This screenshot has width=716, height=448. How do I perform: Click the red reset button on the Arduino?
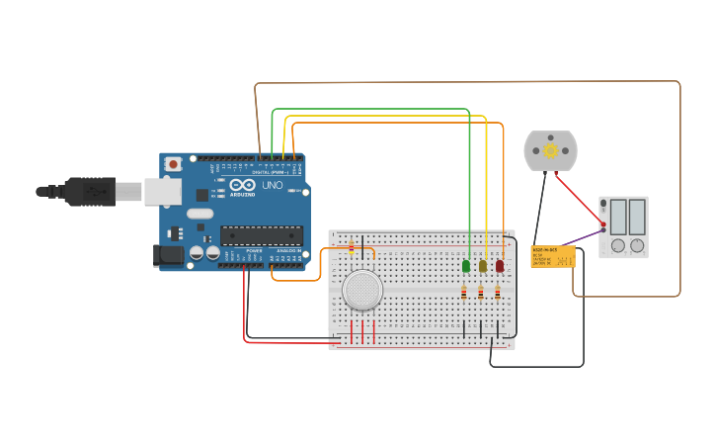pyautogui.click(x=174, y=164)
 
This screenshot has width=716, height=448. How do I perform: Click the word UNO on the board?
pyautogui.click(x=273, y=185)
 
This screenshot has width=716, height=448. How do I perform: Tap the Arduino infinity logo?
pyautogui.click(x=242, y=185)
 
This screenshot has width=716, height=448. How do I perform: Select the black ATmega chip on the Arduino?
pyautogui.click(x=262, y=235)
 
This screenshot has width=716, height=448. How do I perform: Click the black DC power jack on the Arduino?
pyautogui.click(x=169, y=255)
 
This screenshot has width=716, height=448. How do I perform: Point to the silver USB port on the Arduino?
pyautogui.click(x=162, y=192)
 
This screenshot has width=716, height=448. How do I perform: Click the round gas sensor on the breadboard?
pyautogui.click(x=362, y=290)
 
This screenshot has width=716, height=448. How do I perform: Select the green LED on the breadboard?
pyautogui.click(x=465, y=266)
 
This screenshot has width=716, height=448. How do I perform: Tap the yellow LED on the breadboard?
pyautogui.click(x=483, y=266)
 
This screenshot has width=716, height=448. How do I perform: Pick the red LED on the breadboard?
pyautogui.click(x=500, y=266)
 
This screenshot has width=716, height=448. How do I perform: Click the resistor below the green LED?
pyautogui.click(x=463, y=292)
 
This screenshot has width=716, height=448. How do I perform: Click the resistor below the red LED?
pyautogui.click(x=498, y=292)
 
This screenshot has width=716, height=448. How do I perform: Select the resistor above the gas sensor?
pyautogui.click(x=351, y=247)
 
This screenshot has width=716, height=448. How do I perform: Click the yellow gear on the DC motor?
pyautogui.click(x=550, y=150)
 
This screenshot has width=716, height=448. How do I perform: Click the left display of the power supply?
pyautogui.click(x=618, y=216)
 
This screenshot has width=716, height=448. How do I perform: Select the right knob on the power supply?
pyautogui.click(x=637, y=245)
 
